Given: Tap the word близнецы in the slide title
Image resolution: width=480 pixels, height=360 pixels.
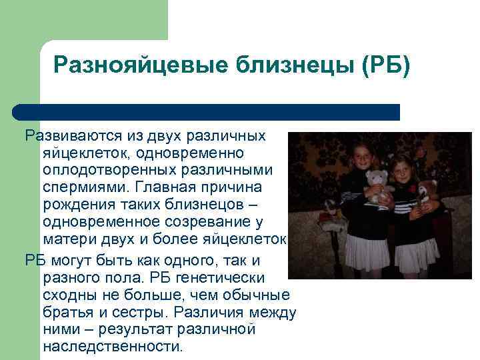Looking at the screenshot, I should (x=291, y=66).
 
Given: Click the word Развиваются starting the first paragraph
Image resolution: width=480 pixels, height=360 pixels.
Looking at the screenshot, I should (x=73, y=136).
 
